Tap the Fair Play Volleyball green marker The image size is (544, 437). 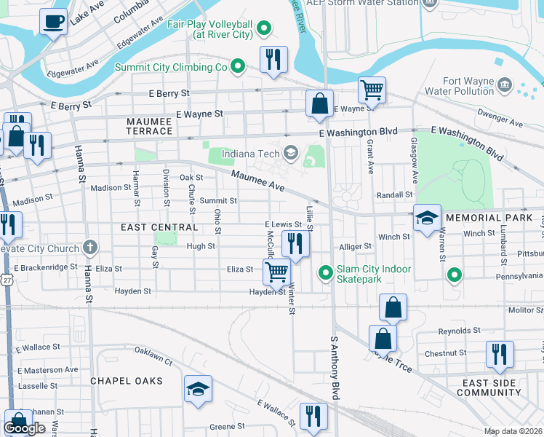click(x=265, y=29)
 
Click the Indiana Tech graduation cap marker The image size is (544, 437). click(x=291, y=151)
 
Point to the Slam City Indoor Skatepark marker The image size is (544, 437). click(x=327, y=274)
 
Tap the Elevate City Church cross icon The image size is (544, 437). click(x=90, y=248)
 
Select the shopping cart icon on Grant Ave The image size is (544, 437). click(x=372, y=90)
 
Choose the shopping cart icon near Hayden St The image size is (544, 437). click(x=276, y=272)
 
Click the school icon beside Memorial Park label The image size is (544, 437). click(x=427, y=217)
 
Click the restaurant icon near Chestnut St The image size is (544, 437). click(x=500, y=353)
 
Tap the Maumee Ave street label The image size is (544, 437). click(x=257, y=181)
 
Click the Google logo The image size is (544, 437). click(x=25, y=428)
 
